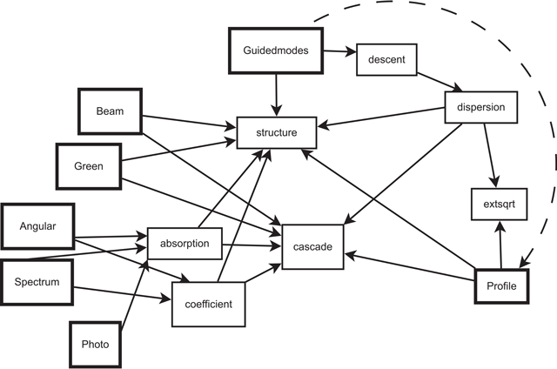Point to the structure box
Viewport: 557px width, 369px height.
tap(277, 133)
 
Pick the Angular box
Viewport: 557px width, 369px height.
tap(37, 226)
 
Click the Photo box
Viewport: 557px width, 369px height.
tap(95, 344)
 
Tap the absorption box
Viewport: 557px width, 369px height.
tap(184, 244)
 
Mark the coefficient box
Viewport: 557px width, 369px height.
tap(209, 305)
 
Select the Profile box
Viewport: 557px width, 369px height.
tap(502, 285)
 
